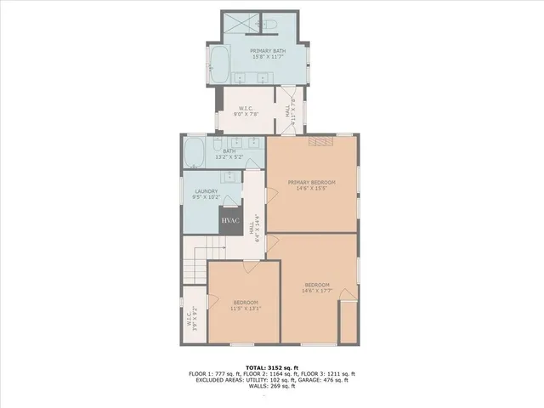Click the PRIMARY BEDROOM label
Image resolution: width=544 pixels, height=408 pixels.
point(311,184)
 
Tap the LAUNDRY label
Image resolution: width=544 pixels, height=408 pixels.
point(207,193)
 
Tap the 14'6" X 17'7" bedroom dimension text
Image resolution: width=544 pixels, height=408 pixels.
point(317,290)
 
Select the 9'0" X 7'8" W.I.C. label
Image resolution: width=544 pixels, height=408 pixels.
point(247,111)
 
